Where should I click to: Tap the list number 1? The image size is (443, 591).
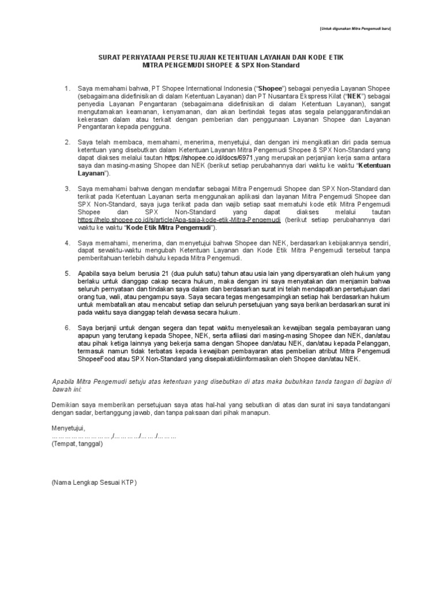pyautogui.click(x=67, y=88)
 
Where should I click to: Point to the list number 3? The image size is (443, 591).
pyautogui.click(x=67, y=189)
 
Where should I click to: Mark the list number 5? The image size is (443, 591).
pyautogui.click(x=67, y=272)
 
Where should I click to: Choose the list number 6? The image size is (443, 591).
pyautogui.click(x=67, y=327)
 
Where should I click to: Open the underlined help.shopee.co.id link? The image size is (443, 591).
pyautogui.click(x=179, y=220)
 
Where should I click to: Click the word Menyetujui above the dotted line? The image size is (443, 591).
pyautogui.click(x=68, y=428)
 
